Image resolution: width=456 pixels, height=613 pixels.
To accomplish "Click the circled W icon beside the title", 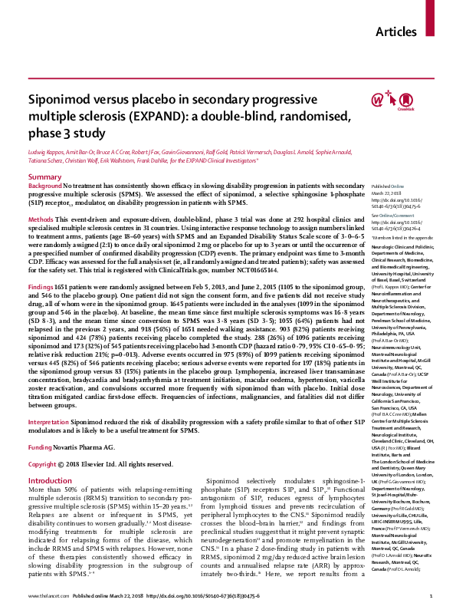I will (377, 100).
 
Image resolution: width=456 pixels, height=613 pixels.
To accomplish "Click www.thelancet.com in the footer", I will (49, 596).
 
